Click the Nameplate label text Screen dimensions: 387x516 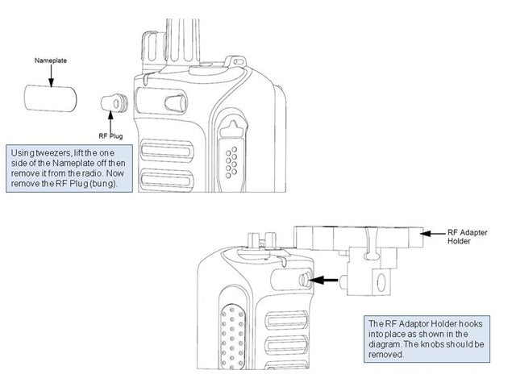click(50, 60)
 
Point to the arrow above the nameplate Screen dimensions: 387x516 click(50, 75)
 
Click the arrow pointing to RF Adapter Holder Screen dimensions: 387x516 click(435, 231)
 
